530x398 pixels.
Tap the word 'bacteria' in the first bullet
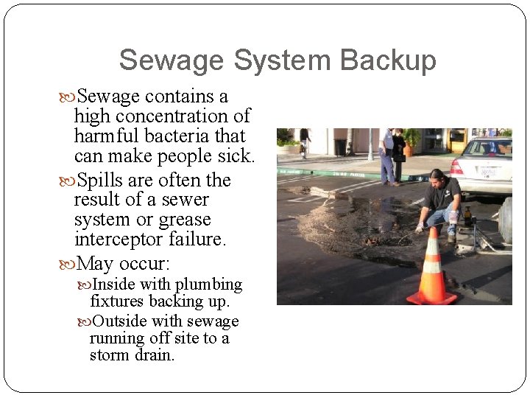[173, 136]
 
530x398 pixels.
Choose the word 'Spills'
[102, 181]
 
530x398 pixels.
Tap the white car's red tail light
[456, 167]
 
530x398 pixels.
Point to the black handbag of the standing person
[399, 157]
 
